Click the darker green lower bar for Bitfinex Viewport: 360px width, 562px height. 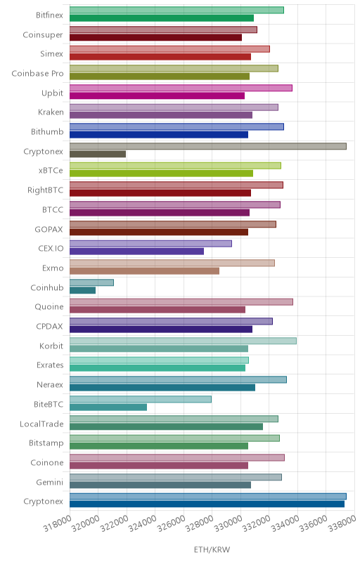162,18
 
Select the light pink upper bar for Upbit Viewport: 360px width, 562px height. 181,88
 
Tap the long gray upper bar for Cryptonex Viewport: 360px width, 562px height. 208,146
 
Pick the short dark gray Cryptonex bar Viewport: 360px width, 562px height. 98,154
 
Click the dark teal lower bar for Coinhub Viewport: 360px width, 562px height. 82,290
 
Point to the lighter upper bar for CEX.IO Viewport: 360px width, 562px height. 150,244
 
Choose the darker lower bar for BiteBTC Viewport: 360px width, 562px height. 108,407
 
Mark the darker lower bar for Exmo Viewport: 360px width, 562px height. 144,271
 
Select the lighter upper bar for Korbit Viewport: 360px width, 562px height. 183,341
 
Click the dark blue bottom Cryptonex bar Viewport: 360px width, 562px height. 207,504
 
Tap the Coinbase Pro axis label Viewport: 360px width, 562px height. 37,74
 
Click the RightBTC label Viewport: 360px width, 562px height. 45,190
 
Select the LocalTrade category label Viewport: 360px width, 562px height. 41,424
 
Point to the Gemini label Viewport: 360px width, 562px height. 49,483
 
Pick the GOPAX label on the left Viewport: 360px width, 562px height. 49,229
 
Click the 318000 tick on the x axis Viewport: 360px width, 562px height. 58,523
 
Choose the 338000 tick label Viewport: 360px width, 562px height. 342,523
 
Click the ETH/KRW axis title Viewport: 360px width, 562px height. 212,549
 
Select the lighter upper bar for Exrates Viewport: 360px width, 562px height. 159,360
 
